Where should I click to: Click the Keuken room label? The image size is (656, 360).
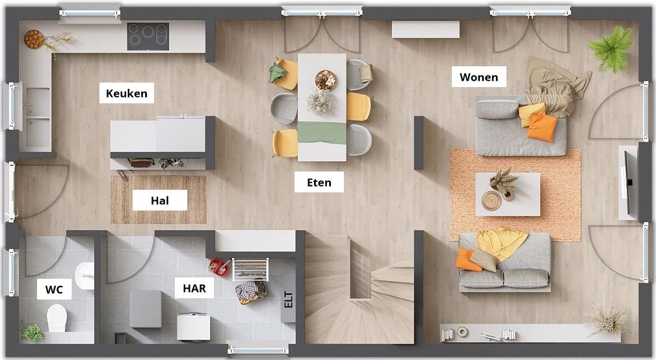(126, 93)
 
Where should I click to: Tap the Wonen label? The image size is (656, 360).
(479, 77)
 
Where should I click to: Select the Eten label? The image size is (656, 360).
(319, 183)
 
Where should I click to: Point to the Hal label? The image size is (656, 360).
(160, 201)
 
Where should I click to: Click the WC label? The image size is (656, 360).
(54, 289)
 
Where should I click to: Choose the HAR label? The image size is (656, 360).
(194, 288)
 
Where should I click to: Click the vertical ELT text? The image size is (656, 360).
(288, 300)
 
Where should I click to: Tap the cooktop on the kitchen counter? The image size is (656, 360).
(148, 36)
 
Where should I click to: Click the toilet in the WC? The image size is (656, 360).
(57, 318)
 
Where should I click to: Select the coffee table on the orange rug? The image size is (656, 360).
(508, 194)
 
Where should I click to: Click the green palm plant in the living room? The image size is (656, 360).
(612, 48)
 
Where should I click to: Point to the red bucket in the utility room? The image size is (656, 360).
(219, 267)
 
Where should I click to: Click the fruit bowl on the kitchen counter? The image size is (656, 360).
(34, 39)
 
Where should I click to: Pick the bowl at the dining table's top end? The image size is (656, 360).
(326, 79)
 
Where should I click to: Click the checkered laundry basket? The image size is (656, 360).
(251, 291)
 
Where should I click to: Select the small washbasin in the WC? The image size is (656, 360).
(85, 276)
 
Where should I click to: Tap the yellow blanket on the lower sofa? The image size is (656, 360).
(502, 243)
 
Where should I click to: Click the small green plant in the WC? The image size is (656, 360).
(32, 332)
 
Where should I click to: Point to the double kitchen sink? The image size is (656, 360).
(38, 118)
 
